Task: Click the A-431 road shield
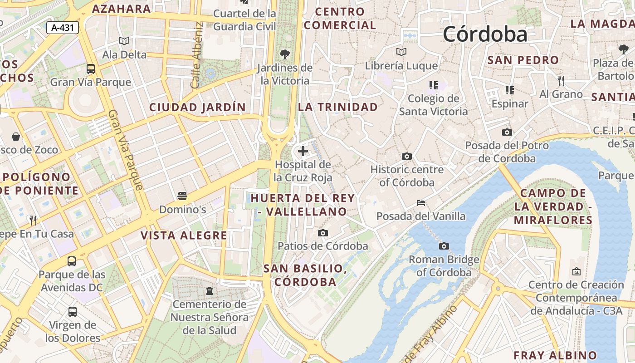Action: (x=63, y=28)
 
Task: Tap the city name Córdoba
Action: (x=485, y=34)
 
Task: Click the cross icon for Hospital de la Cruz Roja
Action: (x=303, y=151)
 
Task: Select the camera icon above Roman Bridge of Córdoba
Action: (x=444, y=246)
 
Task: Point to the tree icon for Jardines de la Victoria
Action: (x=285, y=54)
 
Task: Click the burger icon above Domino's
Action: (x=182, y=196)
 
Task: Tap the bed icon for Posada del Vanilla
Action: (x=421, y=202)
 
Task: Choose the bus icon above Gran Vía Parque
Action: (x=91, y=69)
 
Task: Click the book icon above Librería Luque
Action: (x=401, y=52)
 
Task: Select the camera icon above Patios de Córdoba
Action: (x=323, y=233)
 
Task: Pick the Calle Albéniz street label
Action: (x=196, y=55)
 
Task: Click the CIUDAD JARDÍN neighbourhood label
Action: (x=197, y=108)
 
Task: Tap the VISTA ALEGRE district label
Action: (x=184, y=235)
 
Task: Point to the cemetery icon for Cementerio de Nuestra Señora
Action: (x=210, y=290)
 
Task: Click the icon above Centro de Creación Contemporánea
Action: (x=576, y=271)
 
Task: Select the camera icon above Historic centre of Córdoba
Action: (x=407, y=156)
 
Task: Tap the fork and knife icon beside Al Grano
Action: (x=562, y=81)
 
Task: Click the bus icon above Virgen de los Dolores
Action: (x=72, y=312)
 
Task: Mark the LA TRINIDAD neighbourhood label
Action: (x=338, y=107)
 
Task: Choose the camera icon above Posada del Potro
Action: (x=507, y=132)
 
